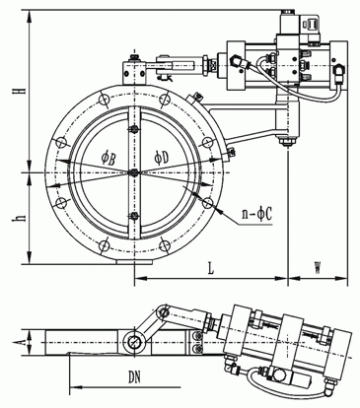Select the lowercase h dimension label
(22, 218)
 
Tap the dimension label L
(211, 268)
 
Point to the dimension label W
(317, 268)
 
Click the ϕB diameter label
(108, 160)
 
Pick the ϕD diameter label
(161, 159)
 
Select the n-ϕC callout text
(257, 215)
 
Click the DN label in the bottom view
(134, 377)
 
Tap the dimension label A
(21, 343)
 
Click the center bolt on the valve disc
(134, 172)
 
